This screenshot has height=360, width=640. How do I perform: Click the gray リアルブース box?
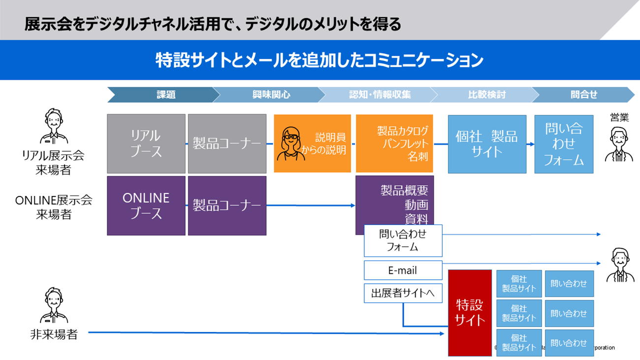click(x=146, y=144)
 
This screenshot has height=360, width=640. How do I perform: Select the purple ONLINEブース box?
click(x=146, y=205)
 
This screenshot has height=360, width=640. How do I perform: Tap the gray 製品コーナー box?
click(x=227, y=144)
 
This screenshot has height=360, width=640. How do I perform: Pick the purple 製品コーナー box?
click(x=227, y=205)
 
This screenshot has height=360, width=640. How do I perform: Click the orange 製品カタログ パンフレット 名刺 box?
click(x=394, y=144)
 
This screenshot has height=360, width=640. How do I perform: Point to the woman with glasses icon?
click(x=290, y=143)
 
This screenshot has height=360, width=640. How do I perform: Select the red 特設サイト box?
click(x=470, y=313)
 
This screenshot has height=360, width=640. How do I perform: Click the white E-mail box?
click(x=403, y=270)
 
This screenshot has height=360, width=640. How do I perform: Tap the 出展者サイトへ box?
click(x=403, y=294)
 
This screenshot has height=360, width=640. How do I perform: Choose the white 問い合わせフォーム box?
click(x=403, y=240)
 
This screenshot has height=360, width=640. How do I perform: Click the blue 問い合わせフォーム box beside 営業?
click(x=564, y=144)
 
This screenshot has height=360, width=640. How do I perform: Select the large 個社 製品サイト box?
click(x=487, y=144)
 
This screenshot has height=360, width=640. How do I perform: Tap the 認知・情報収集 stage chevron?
click(x=380, y=95)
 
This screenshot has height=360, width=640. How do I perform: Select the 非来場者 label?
click(x=54, y=334)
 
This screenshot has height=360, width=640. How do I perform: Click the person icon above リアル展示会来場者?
click(x=54, y=127)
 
